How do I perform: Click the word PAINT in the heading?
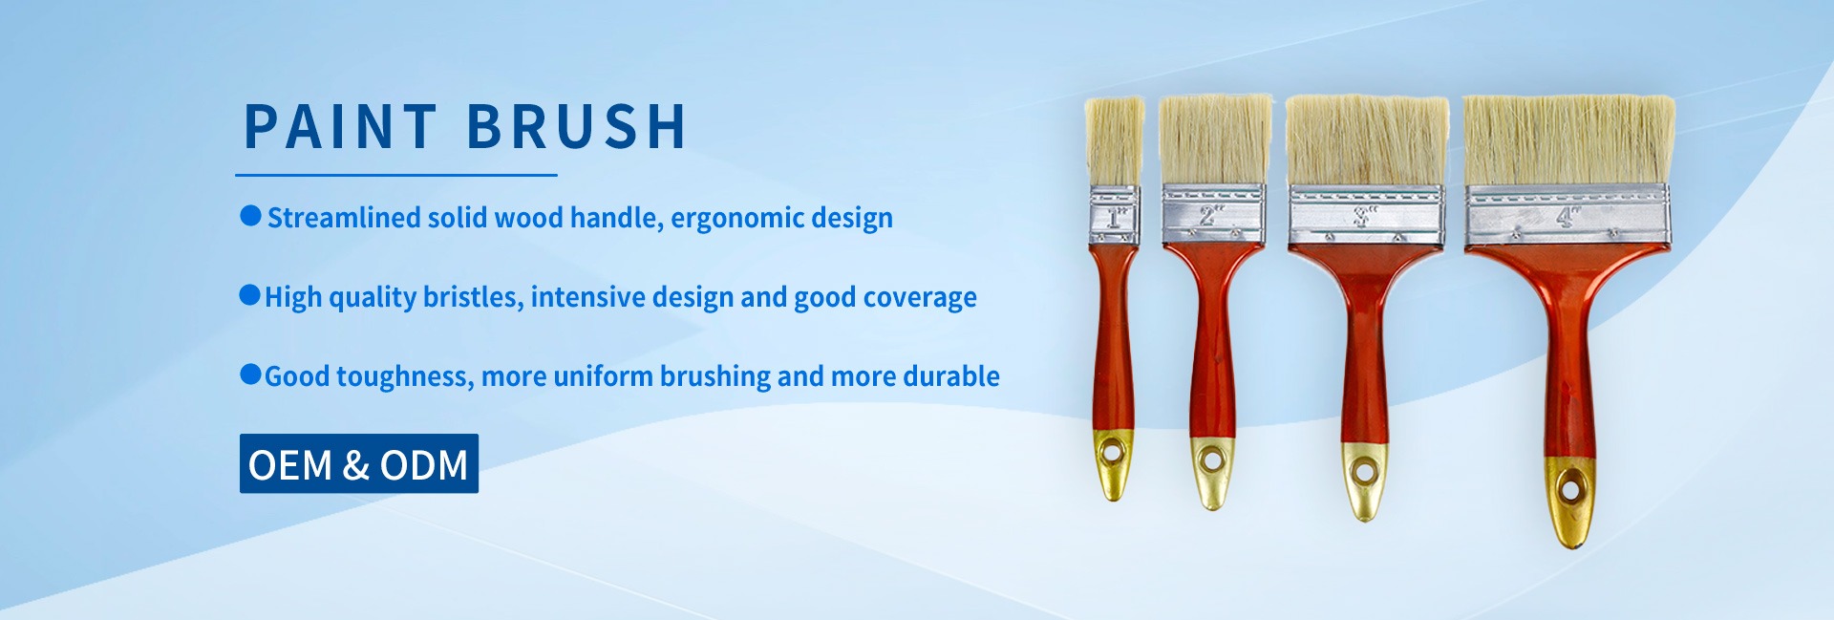(x=341, y=126)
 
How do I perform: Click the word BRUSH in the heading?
(x=577, y=126)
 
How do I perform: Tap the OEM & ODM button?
(x=359, y=463)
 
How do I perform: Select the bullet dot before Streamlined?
(x=251, y=216)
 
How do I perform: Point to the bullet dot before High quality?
(x=249, y=295)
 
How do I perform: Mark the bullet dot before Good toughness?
(x=250, y=374)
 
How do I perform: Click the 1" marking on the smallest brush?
(x=1116, y=216)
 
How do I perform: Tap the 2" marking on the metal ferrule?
(x=1209, y=214)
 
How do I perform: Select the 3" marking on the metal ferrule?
(x=1365, y=216)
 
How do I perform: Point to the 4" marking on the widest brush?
(x=1568, y=217)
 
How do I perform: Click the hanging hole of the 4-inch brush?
(x=1569, y=492)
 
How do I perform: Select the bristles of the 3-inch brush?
(x=1366, y=140)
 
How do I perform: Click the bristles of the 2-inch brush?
(x=1215, y=139)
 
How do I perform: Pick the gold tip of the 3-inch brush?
(x=1364, y=481)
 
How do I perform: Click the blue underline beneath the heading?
(x=396, y=175)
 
